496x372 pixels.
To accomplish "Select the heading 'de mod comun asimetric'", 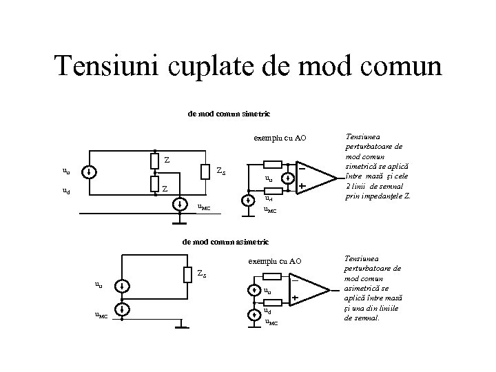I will tap(230, 242).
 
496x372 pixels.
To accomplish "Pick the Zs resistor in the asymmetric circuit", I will tap(187, 274).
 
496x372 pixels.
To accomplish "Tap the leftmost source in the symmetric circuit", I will tap(92, 172).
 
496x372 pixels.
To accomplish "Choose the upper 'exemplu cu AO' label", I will tap(279, 138).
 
